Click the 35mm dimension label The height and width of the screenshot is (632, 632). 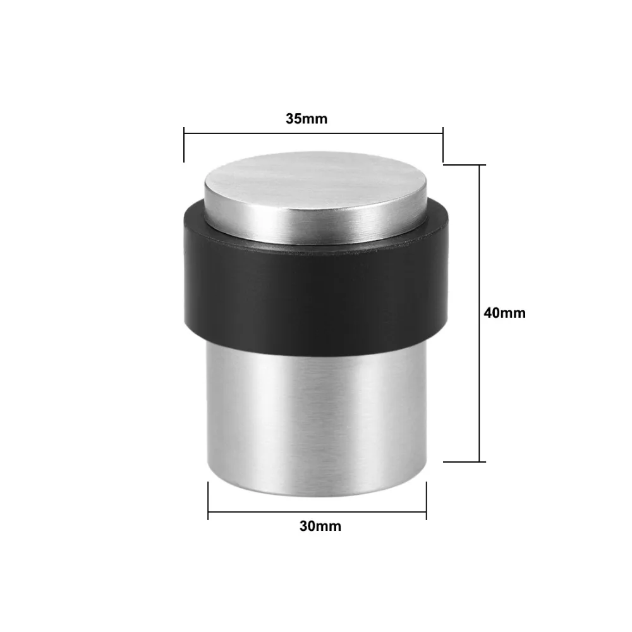[307, 119]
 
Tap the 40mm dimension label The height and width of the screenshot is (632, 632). [504, 313]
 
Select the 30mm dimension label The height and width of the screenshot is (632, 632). [320, 526]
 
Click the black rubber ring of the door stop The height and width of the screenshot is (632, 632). [315, 289]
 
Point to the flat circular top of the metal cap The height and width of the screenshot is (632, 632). [315, 185]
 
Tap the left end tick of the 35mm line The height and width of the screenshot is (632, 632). [184, 145]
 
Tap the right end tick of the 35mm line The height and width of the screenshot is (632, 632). [443, 145]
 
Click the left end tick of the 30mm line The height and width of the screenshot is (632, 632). [208, 501]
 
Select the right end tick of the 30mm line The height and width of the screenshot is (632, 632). [427, 501]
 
